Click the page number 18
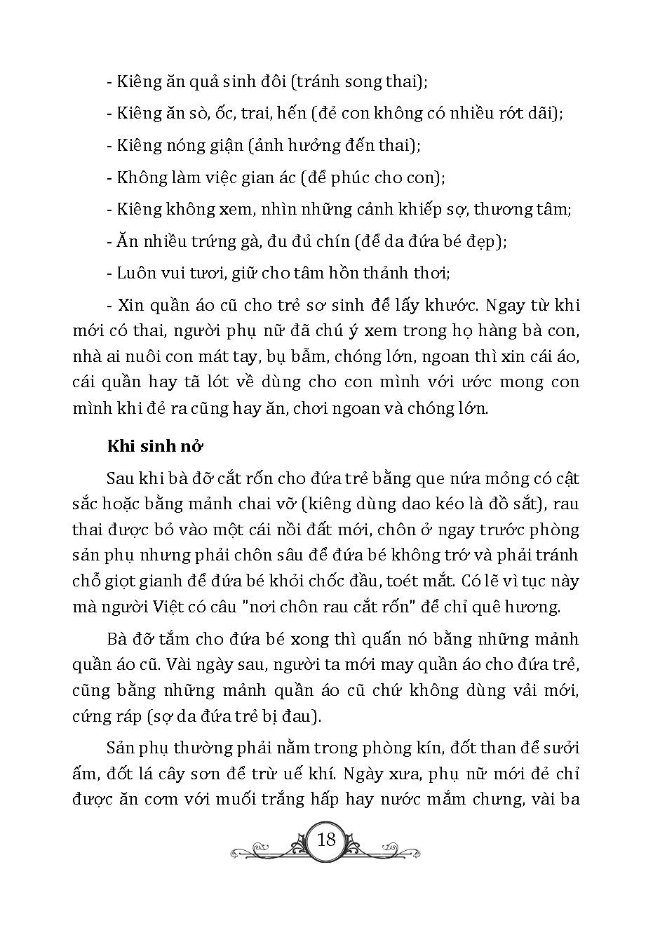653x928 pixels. click(x=326, y=839)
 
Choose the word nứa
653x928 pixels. click(x=449, y=479)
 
